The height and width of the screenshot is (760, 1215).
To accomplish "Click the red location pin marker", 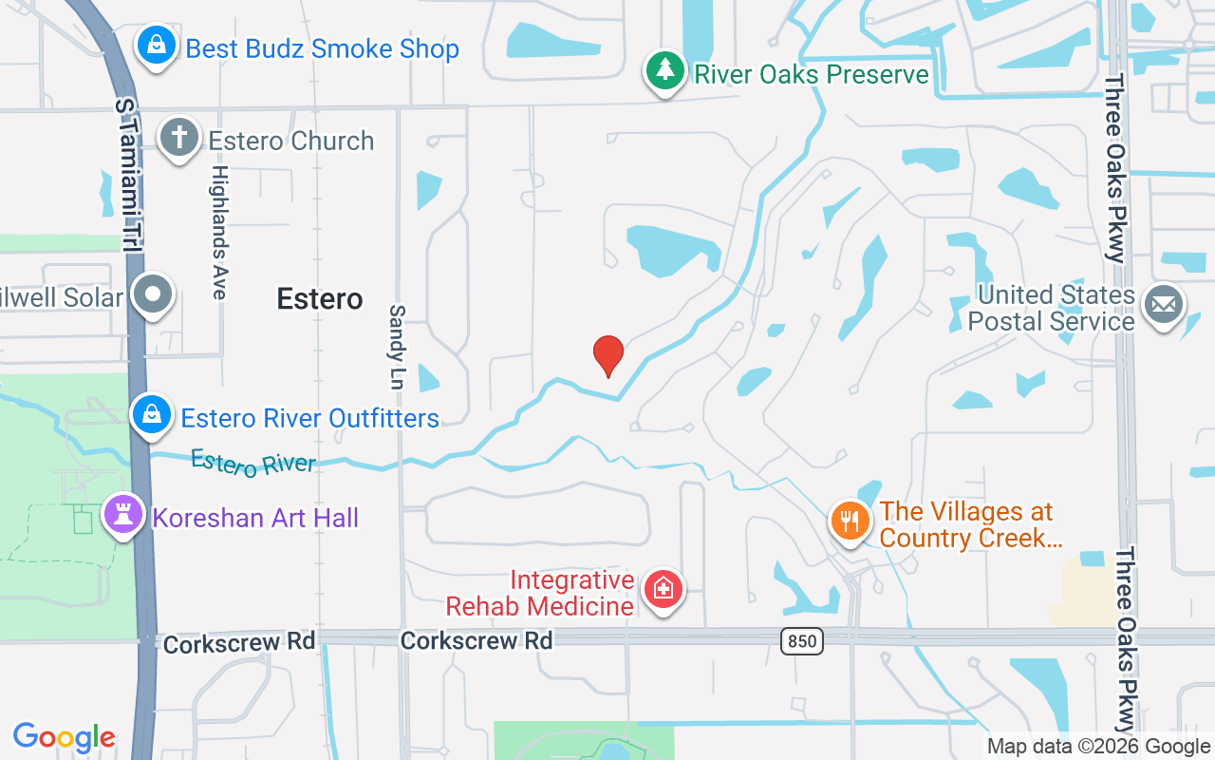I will (x=607, y=355).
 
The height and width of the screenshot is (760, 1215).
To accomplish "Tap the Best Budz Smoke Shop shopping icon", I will (x=153, y=45).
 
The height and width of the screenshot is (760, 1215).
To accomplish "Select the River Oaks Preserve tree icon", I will (x=666, y=70).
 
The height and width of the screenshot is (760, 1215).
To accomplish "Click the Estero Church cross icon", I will (x=178, y=138).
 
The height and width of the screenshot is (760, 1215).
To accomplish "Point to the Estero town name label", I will (x=320, y=299).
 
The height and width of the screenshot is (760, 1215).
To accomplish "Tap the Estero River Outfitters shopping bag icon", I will (x=151, y=414).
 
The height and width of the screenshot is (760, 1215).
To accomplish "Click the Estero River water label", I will (x=253, y=464).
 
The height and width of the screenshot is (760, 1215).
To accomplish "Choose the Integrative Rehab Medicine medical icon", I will (x=663, y=589).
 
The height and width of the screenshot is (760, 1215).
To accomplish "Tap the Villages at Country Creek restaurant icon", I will (x=850, y=521).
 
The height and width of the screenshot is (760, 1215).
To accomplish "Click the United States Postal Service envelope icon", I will (x=1164, y=305).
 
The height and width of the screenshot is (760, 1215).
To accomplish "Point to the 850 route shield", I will (x=802, y=641).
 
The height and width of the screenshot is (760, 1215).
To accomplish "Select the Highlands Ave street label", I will (x=219, y=233).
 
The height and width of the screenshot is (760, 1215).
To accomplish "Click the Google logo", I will (x=65, y=737).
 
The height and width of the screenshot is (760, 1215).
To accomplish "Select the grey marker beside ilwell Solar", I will (x=153, y=294).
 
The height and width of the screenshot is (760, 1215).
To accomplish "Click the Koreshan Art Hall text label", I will (x=256, y=519).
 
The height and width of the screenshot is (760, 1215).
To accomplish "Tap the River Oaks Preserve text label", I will (x=812, y=74).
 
